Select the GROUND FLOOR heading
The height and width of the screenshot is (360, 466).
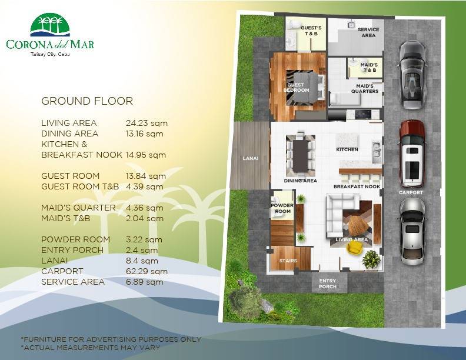(87, 101)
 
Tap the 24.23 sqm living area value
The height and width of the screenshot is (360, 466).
(147, 123)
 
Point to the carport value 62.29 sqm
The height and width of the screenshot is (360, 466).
(147, 271)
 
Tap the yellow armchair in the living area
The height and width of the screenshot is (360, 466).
(355, 249)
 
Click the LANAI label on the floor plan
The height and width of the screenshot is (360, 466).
(251, 158)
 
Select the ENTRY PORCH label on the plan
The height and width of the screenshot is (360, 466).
(328, 284)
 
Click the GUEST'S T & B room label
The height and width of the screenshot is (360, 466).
(311, 31)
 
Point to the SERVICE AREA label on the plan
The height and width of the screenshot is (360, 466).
(368, 32)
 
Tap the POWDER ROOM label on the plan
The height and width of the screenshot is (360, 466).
(281, 208)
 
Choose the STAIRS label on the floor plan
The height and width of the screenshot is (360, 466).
(288, 261)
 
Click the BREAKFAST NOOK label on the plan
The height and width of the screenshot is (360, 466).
(357, 186)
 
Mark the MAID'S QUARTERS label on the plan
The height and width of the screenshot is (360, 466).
(365, 89)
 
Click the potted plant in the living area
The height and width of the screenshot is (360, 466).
(371, 258)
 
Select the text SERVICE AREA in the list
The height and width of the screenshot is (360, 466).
(73, 282)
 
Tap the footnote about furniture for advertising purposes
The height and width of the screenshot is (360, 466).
(111, 339)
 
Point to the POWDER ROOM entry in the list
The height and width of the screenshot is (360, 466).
(75, 239)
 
